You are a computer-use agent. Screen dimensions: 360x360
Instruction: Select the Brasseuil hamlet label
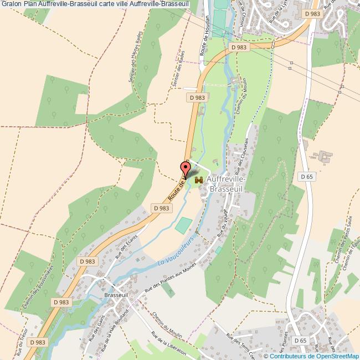coord(116,295)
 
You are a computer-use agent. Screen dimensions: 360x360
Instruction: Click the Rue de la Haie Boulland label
coord(119,325)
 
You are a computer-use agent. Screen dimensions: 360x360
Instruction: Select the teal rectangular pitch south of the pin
coord(183,225)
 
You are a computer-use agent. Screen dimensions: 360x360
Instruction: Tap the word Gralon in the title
coord(11,4)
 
